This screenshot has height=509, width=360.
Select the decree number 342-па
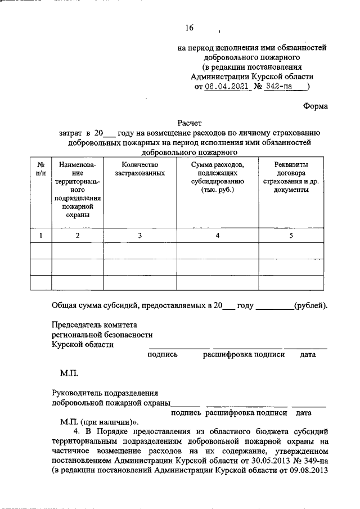click(x=283, y=87)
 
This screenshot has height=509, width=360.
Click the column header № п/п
click(x=40, y=168)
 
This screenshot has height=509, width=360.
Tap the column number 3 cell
click(x=139, y=236)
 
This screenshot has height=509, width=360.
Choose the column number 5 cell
click(x=291, y=236)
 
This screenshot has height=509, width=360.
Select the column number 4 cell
click(x=217, y=236)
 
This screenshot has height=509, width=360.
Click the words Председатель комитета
click(x=94, y=325)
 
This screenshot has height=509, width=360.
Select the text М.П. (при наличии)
click(x=100, y=421)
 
